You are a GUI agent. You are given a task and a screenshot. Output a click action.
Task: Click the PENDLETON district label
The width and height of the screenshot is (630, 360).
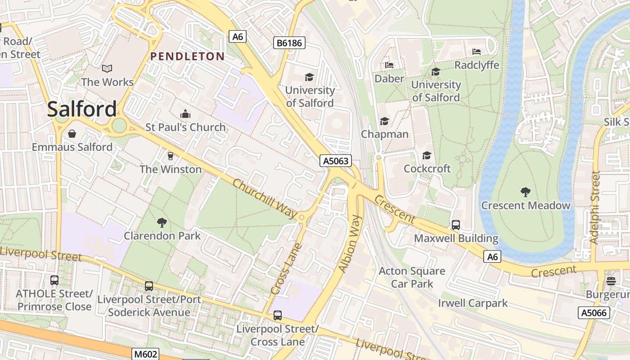[187, 56]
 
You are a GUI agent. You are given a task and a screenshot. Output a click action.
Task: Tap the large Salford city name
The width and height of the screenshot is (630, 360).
[82, 109]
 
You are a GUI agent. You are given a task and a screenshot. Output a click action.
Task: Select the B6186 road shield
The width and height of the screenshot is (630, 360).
[289, 43]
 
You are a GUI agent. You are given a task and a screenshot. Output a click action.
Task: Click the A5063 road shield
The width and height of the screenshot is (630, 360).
[336, 161]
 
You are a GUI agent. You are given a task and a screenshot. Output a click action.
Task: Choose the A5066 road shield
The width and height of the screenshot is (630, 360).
[594, 313]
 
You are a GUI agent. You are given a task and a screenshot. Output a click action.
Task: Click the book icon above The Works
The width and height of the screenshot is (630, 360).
[107, 68]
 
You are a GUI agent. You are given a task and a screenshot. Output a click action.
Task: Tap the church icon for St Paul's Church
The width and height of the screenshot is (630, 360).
[185, 113]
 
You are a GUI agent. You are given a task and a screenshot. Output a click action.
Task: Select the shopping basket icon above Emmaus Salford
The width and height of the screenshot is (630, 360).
[72, 134]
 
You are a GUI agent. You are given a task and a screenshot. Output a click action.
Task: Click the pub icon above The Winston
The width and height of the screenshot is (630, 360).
[170, 156]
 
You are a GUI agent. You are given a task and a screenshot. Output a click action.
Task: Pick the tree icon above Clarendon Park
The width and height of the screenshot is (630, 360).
[162, 222]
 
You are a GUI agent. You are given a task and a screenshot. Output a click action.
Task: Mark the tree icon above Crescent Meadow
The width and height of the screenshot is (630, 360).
[525, 192]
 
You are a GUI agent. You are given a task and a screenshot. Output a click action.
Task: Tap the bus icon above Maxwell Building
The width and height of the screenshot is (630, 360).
[456, 225]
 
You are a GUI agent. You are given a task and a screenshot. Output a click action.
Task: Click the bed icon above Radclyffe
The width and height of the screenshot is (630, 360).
[477, 52]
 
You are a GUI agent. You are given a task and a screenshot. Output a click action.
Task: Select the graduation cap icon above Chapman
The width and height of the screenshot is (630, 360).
[384, 121]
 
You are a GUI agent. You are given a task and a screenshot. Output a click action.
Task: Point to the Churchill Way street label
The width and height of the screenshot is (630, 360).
[265, 199]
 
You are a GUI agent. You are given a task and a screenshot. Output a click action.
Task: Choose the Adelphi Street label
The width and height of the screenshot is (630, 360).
[595, 207]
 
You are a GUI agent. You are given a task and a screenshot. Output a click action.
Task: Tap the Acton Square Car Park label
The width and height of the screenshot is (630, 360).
[412, 277]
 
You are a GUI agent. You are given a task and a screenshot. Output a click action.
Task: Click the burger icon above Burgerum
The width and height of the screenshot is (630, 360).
[611, 281]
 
